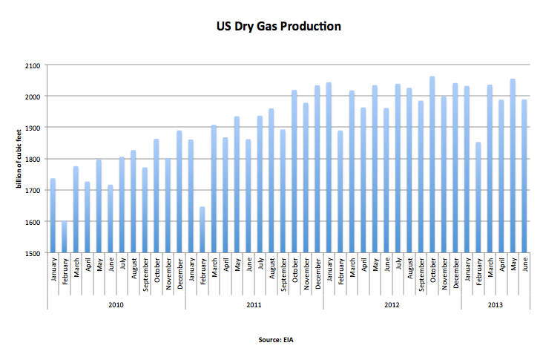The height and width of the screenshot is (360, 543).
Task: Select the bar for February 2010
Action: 64,238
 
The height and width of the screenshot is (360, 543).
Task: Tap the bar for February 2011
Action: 203,230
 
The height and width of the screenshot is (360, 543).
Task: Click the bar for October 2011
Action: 294,171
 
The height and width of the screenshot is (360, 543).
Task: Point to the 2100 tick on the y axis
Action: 33,65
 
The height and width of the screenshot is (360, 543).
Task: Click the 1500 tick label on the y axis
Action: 33,253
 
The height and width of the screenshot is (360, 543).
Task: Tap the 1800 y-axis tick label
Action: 33,159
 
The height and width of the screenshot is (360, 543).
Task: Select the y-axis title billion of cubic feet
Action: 18,160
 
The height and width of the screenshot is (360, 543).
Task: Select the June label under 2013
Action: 524,266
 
